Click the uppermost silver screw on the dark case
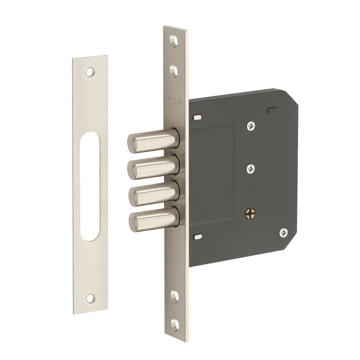pos(251,126)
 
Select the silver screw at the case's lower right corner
pos(284,233)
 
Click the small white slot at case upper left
pos(197,117)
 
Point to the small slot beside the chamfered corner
pos(273,108)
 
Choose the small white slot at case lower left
pos(197,237)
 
